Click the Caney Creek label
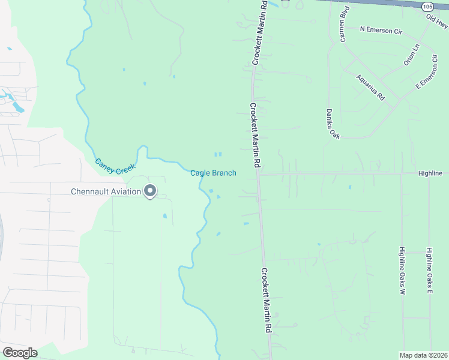115,166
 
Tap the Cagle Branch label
213,173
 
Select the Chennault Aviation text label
106,192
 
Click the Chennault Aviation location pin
151,191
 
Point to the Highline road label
430,173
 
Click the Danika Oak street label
333,124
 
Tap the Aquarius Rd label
370,86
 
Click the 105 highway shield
427,6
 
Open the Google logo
20,352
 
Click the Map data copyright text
424,355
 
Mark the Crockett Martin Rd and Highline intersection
258,173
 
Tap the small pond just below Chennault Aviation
165,215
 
